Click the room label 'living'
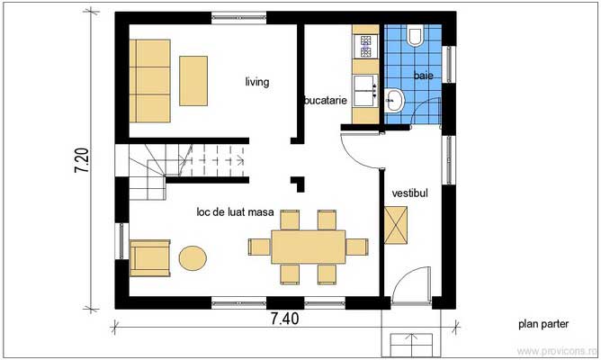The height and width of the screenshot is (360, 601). click(257, 82)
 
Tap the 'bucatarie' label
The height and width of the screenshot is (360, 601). click(326, 101)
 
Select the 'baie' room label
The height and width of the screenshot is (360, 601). click(423, 77)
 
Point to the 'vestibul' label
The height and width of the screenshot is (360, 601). click(410, 193)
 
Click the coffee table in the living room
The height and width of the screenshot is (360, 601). click(195, 80)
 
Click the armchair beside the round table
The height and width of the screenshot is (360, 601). click(149, 257)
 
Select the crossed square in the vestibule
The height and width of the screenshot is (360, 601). click(396, 225)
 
